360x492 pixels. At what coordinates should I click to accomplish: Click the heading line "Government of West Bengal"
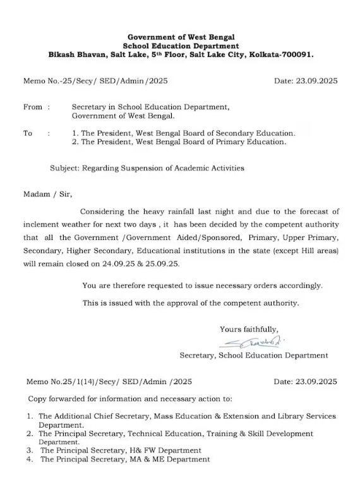click(x=181, y=37)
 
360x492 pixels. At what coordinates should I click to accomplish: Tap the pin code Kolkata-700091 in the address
click(x=281, y=54)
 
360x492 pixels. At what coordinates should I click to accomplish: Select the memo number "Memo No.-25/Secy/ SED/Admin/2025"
click(x=96, y=81)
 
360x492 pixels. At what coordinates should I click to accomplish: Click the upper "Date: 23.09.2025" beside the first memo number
click(x=306, y=81)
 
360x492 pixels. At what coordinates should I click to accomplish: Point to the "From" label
click(x=33, y=107)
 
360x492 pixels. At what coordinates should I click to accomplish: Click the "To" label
click(x=28, y=133)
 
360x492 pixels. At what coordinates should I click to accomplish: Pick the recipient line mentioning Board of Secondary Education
click(x=183, y=133)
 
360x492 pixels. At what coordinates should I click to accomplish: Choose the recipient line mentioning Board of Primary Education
click(x=179, y=142)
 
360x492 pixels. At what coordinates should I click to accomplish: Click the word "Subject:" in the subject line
click(x=66, y=168)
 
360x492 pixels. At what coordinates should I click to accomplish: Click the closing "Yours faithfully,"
click(x=249, y=329)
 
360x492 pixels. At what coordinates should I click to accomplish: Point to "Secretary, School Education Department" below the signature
click(x=254, y=356)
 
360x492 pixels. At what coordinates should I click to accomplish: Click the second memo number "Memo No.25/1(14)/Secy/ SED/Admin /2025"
click(x=109, y=381)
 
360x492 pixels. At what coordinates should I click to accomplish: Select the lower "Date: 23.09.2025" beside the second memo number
click(x=306, y=381)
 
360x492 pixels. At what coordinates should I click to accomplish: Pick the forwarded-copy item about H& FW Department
click(x=121, y=450)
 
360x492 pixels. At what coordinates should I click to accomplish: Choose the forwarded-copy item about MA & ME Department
click(x=125, y=459)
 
